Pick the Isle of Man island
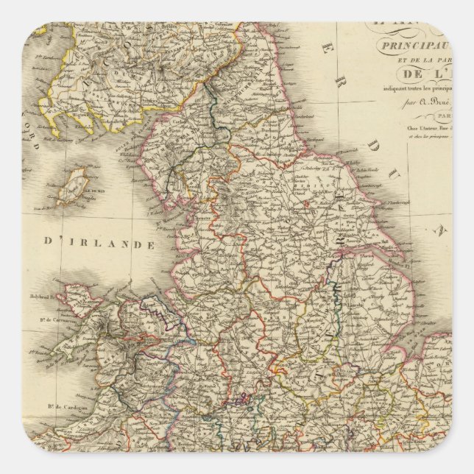tap(74, 185)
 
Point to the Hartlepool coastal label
tap(318, 139)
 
